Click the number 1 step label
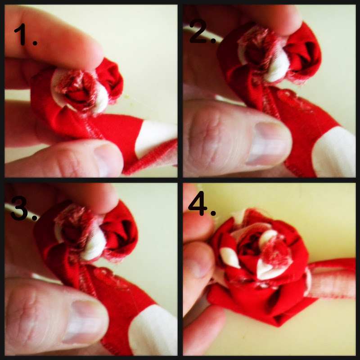pyautogui.click(x=25, y=35)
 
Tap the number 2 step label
pyautogui.click(x=202, y=31)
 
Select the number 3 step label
pyautogui.click(x=24, y=208)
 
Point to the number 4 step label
pyautogui.click(x=202, y=203)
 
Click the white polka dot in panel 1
pyautogui.click(x=156, y=138)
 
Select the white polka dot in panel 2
pyautogui.click(x=334, y=153)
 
